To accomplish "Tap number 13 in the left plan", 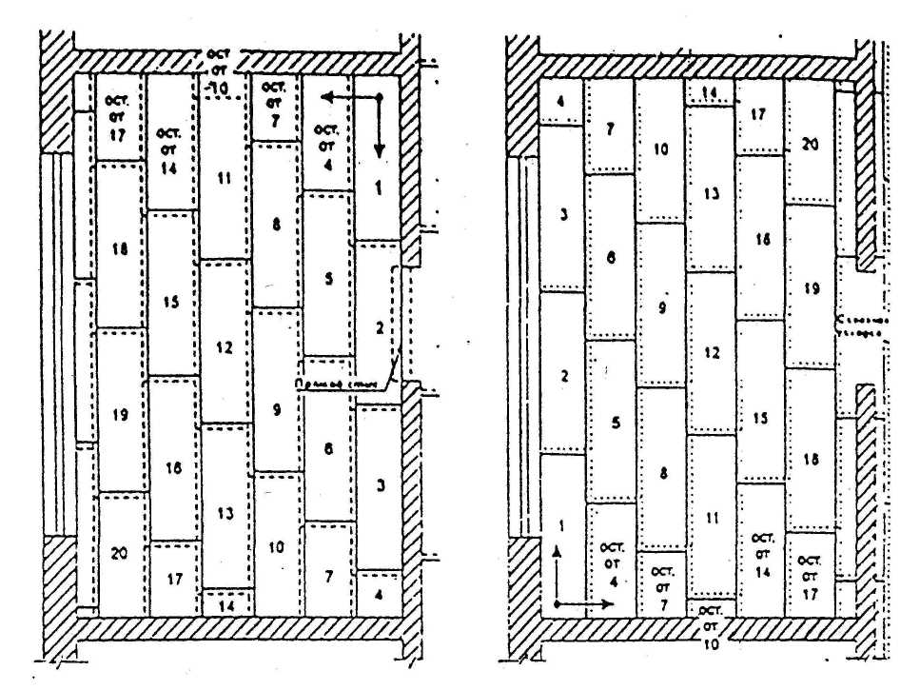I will (225, 514).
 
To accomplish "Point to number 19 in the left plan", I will (120, 415).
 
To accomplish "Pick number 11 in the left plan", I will (225, 177).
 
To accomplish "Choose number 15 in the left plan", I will (171, 303).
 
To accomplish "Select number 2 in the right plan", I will (564, 377).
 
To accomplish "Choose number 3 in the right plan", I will (564, 215).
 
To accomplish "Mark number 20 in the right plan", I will (810, 146).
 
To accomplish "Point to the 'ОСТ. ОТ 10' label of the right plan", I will (711, 624).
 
